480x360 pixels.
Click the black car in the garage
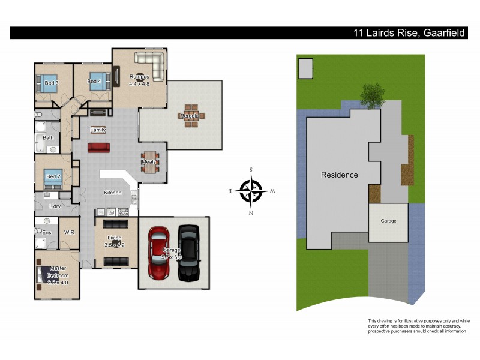188,253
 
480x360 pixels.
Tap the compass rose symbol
251,191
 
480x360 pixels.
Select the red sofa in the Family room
98,148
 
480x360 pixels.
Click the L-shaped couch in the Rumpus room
151,64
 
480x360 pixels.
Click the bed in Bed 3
47,85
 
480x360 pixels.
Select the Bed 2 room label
53,176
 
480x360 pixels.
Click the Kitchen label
113,193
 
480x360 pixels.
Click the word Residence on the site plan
339,175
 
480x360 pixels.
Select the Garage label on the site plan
388,221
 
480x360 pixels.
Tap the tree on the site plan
373,95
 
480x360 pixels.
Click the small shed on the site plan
305,68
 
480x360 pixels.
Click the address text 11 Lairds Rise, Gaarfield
408,33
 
